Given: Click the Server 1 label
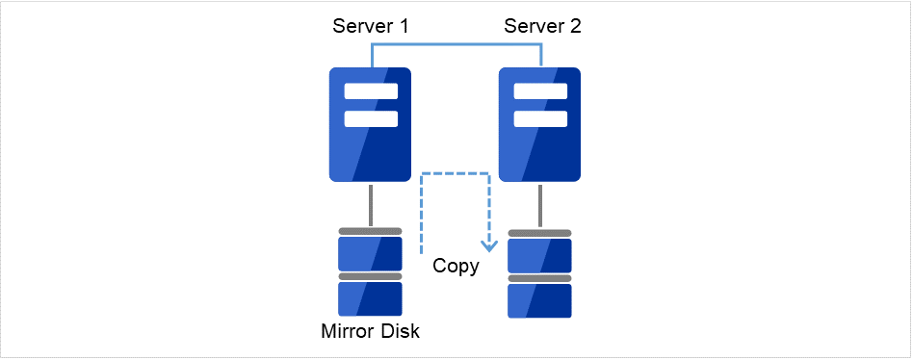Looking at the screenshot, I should [x=371, y=26].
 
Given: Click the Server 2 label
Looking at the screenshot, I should [x=542, y=26].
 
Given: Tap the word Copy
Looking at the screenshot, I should [x=456, y=267].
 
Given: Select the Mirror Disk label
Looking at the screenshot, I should [x=371, y=332].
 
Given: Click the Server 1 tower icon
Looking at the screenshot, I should [x=371, y=125].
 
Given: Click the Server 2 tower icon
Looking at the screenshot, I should [x=540, y=125].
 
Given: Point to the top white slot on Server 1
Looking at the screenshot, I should [x=371, y=92].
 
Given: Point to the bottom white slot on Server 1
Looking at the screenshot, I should [x=371, y=118].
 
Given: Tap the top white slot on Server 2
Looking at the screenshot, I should [x=540, y=92].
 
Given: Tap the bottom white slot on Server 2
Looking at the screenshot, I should [x=540, y=118].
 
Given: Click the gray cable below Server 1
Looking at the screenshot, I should [x=371, y=205].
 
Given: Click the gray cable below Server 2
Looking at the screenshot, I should [x=540, y=205].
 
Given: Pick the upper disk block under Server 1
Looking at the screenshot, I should [x=371, y=253].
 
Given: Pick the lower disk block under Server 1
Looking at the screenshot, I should [x=371, y=299].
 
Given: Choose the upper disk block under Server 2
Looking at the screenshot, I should [x=540, y=255].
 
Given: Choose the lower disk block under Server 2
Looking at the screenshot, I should [x=540, y=300].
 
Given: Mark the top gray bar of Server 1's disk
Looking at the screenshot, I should [x=371, y=231].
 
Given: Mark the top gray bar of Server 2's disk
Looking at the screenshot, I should [x=540, y=233].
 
